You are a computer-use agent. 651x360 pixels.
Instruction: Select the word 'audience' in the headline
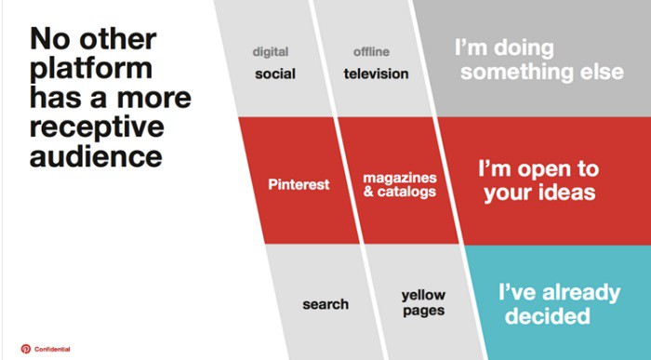point(82,154)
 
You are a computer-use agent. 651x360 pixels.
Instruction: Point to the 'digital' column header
point(270,51)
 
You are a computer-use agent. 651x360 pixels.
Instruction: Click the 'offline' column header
point(371,51)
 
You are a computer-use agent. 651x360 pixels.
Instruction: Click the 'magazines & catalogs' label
point(400,184)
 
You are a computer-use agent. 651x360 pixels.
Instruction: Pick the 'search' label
point(325,304)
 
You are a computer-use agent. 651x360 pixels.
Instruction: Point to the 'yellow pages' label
point(423,303)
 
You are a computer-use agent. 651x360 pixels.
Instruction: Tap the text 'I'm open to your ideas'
point(537,181)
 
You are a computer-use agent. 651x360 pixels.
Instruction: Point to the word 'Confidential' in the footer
point(52,349)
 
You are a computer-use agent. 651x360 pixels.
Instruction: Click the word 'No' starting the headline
point(51,41)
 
